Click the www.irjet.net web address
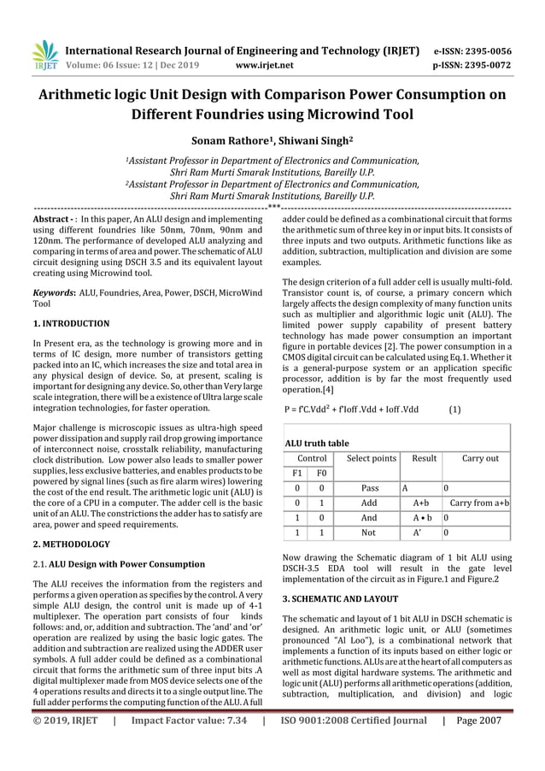(x=263, y=64)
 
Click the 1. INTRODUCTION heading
(x=71, y=324)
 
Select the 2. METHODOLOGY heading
(x=70, y=544)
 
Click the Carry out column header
(x=480, y=458)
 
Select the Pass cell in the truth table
(x=370, y=488)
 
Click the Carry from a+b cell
(x=479, y=503)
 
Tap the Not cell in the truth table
(x=369, y=533)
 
